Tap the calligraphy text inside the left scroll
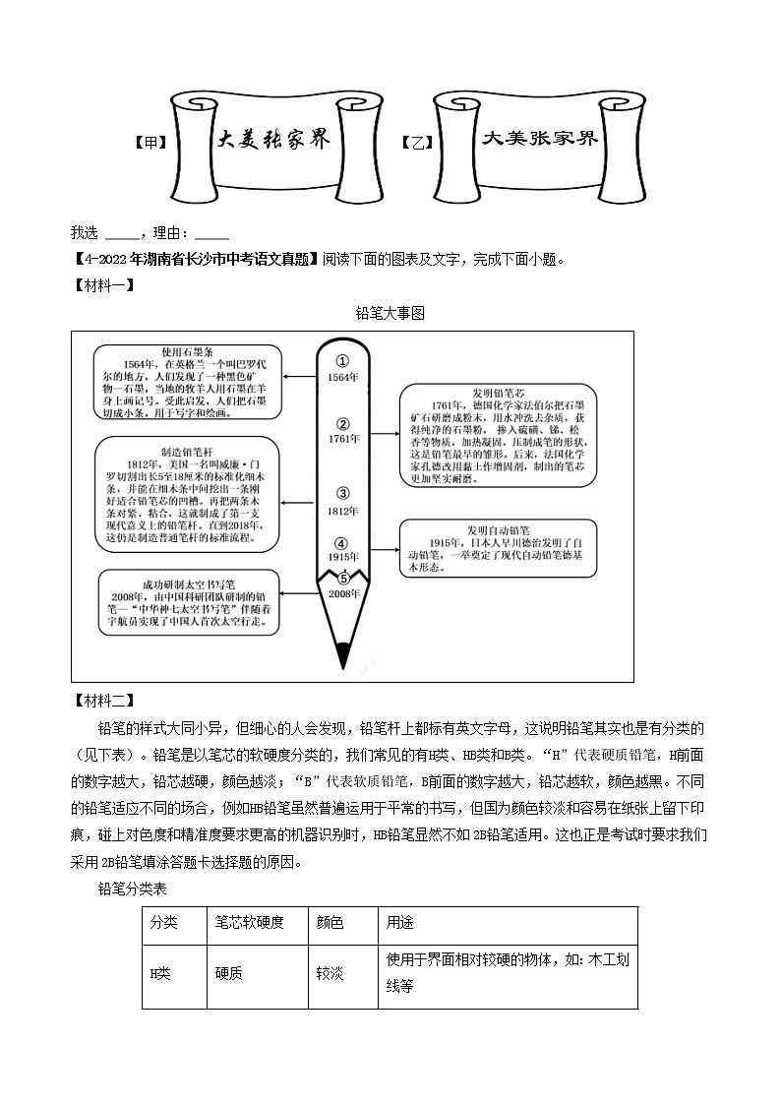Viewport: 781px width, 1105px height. tap(272, 140)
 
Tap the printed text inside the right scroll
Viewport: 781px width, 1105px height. tap(539, 139)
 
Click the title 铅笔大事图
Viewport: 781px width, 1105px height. tap(390, 313)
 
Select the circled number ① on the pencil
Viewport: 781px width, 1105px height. tap(343, 360)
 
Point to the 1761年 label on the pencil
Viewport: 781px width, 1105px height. tap(343, 439)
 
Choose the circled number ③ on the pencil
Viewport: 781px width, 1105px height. tap(343, 494)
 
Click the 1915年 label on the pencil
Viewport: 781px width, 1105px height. tap(343, 558)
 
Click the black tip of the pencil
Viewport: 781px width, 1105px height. tap(343, 653)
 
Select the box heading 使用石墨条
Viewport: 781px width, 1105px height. tap(187, 351)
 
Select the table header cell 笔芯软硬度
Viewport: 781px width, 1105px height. tap(249, 923)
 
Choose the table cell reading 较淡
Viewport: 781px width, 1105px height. tap(330, 973)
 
